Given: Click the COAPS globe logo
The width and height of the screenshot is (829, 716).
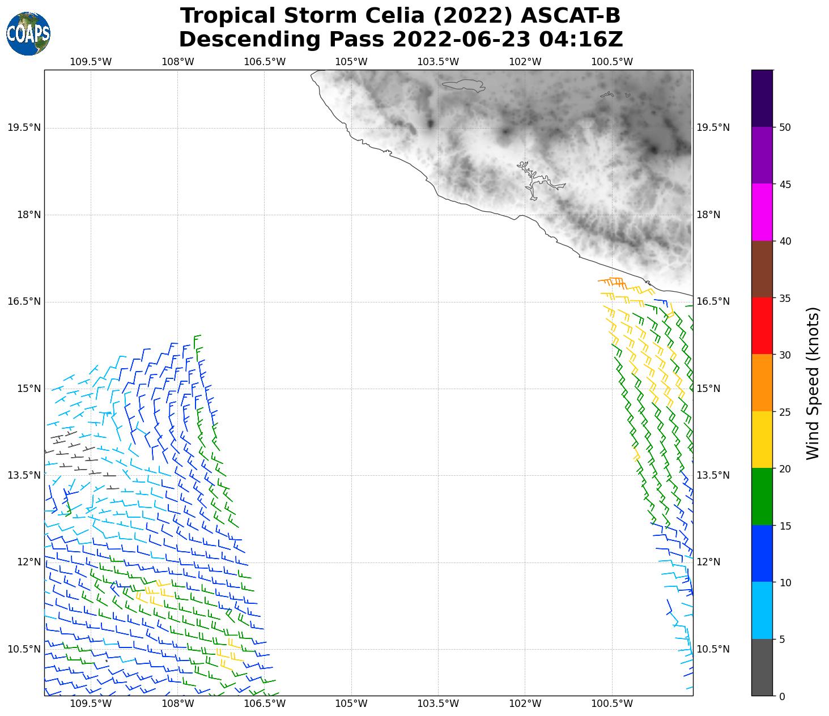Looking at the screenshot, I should point(28,33).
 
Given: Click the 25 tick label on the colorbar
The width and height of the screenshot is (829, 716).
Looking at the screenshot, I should point(785,412).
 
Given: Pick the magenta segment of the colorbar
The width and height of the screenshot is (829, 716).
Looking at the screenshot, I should point(762,212).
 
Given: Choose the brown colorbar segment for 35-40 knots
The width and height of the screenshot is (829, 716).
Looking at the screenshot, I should point(762,270).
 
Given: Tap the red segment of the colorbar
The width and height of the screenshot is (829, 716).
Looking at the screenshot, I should point(762,326).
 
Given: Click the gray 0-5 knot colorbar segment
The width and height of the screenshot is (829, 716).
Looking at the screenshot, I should point(762,667).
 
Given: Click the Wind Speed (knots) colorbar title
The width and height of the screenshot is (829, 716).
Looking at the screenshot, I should point(813,383).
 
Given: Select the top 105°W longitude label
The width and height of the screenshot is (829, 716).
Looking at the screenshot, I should point(351,62).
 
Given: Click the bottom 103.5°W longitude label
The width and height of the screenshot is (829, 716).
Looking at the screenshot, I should point(438,704).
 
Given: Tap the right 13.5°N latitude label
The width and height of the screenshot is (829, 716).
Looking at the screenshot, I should point(713,475).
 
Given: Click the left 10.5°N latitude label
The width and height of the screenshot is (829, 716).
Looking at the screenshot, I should point(24,649).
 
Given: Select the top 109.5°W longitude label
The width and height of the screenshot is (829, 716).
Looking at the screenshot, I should point(91,62).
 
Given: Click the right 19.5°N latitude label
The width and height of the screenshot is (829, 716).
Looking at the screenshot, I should point(713,127).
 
